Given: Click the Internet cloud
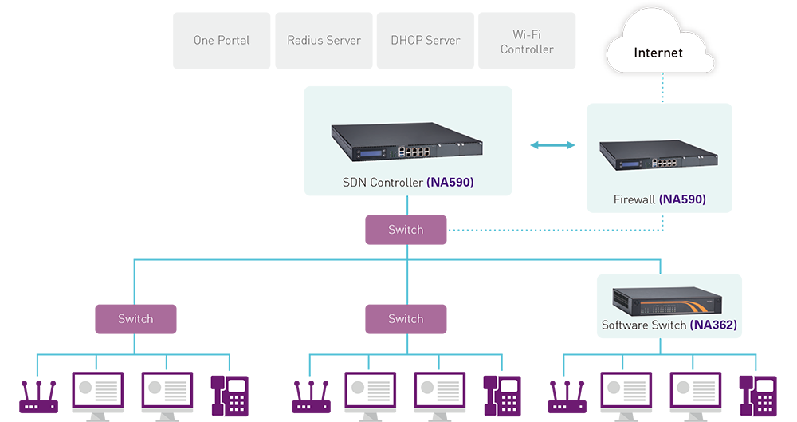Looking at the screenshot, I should point(658,52).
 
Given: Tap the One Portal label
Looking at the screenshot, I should point(222,40).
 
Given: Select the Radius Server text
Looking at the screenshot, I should point(324,40).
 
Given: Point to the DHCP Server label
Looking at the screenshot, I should point(426,40).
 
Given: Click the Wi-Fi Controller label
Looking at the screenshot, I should point(527,42).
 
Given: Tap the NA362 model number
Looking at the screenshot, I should point(713,325).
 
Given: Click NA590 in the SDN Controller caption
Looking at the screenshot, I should point(450,183).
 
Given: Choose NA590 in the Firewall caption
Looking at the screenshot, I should point(682,199).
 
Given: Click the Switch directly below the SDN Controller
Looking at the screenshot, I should point(406,230).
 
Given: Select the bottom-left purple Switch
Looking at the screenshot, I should point(135,318).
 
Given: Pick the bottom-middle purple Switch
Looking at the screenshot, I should point(406,318).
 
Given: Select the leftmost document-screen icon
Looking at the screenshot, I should point(98,390).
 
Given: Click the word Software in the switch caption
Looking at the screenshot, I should point(626,325).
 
